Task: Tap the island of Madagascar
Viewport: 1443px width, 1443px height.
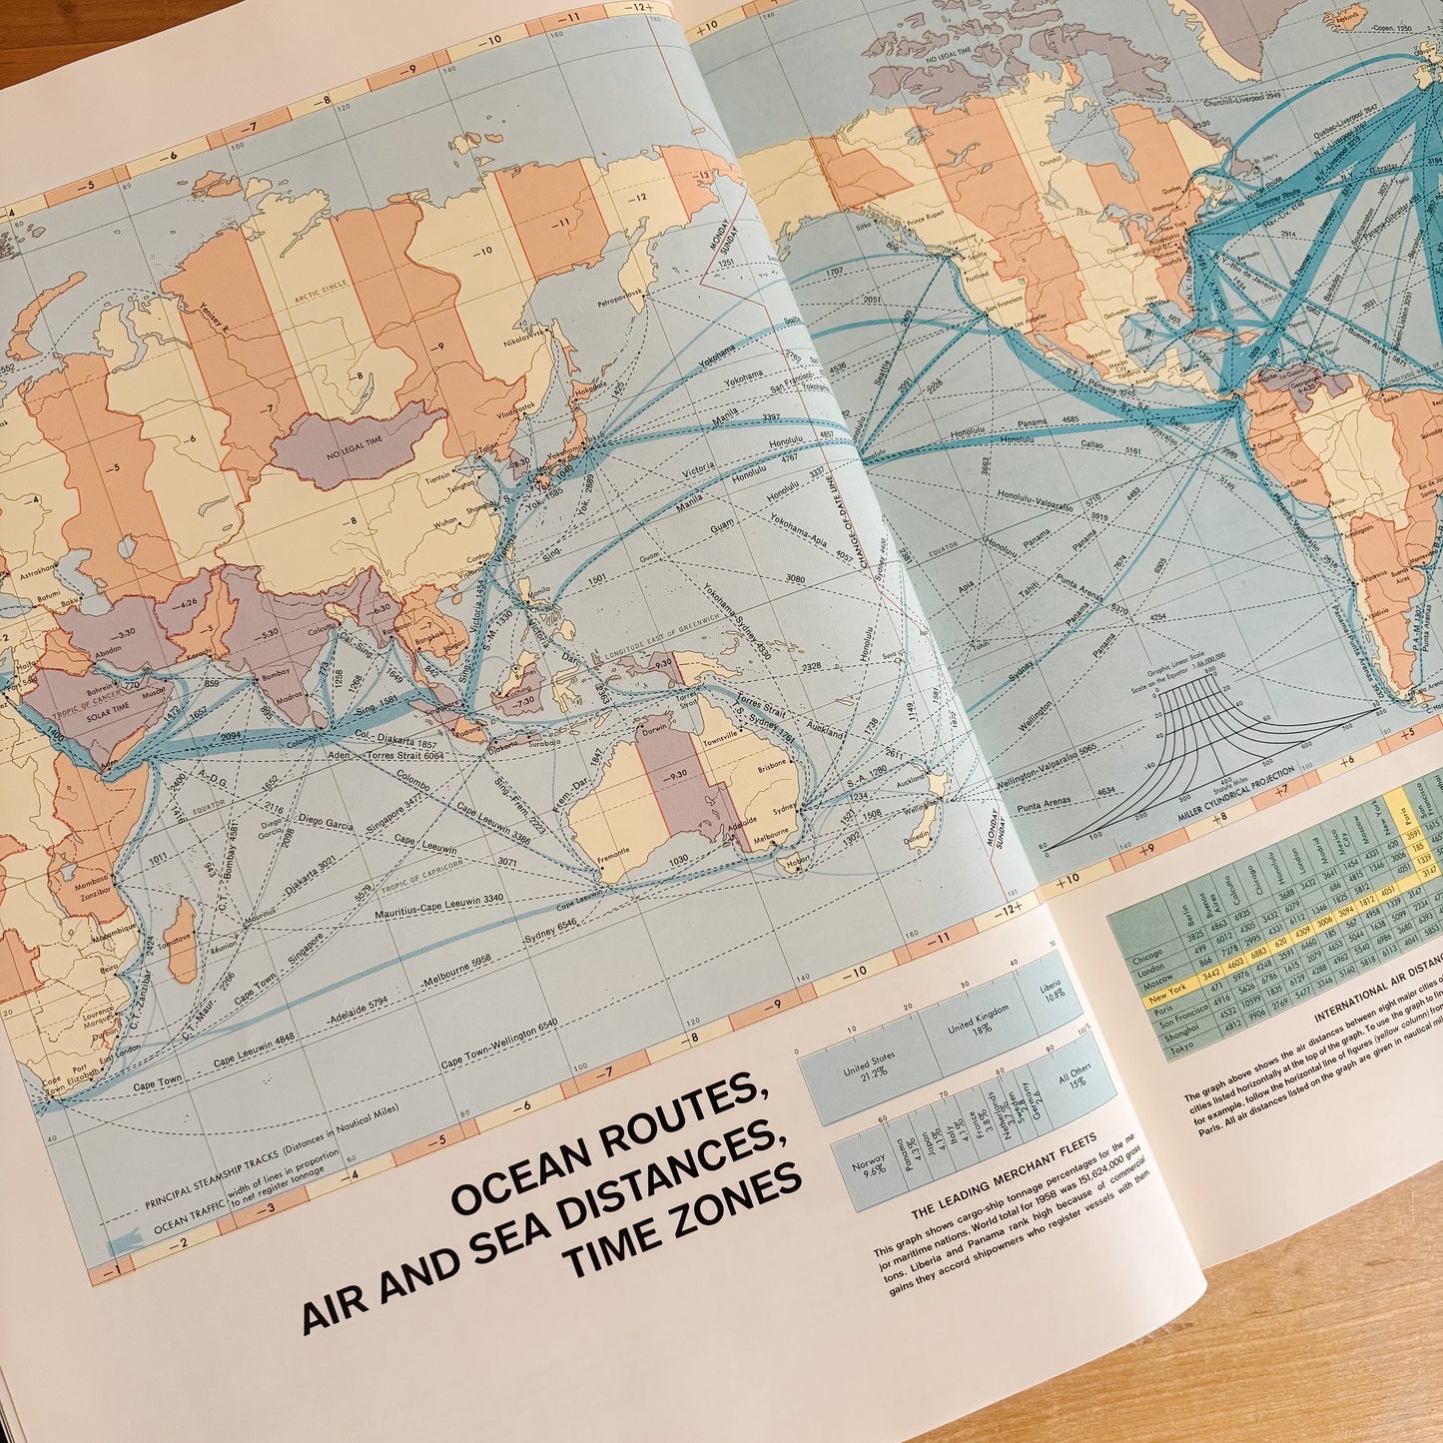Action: (182, 939)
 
